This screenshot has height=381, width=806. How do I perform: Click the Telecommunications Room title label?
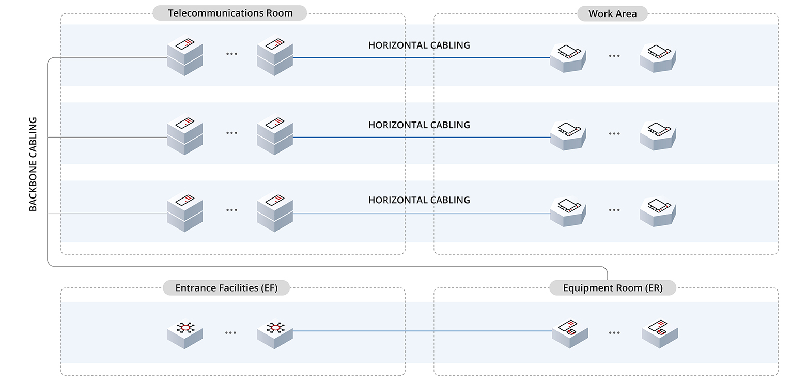(x=230, y=13)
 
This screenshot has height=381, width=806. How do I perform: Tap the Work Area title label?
(x=612, y=13)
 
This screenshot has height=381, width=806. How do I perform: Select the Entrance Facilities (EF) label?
(x=226, y=288)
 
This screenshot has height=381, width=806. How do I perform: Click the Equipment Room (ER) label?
(x=613, y=288)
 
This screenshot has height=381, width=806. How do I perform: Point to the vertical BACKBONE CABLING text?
(x=33, y=164)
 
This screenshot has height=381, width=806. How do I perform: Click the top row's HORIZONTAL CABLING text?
(x=419, y=45)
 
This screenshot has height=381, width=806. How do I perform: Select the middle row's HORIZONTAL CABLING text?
(x=419, y=125)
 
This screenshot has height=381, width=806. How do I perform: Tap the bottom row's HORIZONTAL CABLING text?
(x=419, y=200)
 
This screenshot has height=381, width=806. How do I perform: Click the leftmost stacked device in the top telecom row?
(x=185, y=55)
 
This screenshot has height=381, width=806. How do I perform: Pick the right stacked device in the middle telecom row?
(x=275, y=134)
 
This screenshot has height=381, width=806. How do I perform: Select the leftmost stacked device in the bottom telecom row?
(x=185, y=211)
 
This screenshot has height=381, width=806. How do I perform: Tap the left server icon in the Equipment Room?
(x=570, y=333)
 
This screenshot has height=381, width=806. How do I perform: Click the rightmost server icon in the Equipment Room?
(x=660, y=333)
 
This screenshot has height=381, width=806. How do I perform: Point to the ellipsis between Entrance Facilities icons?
(x=230, y=333)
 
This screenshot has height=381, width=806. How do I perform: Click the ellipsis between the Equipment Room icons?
(x=614, y=333)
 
